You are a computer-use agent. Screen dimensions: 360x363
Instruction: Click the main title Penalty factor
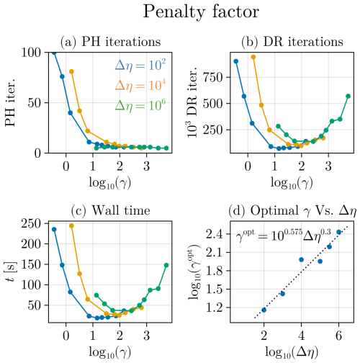[201, 12]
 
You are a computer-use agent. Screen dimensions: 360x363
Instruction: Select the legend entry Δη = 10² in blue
[140, 66]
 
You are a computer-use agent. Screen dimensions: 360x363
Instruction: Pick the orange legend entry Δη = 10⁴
[140, 86]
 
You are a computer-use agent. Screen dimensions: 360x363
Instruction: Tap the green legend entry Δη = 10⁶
[140, 106]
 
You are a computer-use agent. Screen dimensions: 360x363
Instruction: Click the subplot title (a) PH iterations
[110, 42]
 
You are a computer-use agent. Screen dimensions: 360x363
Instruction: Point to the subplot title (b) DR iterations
[292, 42]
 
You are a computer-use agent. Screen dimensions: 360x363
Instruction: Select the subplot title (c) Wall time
[111, 210]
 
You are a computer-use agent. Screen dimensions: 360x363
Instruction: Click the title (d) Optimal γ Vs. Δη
[292, 211]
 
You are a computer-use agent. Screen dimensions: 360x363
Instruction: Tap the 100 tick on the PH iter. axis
[33, 53]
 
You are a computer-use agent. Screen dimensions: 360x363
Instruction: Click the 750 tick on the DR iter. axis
[214, 77]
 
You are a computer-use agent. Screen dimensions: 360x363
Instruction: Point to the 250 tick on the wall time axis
[33, 223]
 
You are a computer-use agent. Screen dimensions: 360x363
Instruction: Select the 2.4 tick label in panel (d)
[214, 234]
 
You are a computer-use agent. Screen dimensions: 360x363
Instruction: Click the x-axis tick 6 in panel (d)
[338, 336]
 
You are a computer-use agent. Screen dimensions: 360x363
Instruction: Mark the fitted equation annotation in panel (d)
[284, 236]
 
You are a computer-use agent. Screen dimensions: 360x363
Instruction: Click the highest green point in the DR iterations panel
[348, 97]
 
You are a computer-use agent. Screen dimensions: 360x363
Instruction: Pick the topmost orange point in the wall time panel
[71, 225]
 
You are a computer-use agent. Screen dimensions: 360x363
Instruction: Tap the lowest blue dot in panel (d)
[264, 310]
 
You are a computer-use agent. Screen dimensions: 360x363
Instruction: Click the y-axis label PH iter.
[10, 102]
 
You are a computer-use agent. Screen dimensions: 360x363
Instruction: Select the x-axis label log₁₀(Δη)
[292, 352]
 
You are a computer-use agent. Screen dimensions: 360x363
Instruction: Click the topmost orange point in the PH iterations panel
[71, 71]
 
